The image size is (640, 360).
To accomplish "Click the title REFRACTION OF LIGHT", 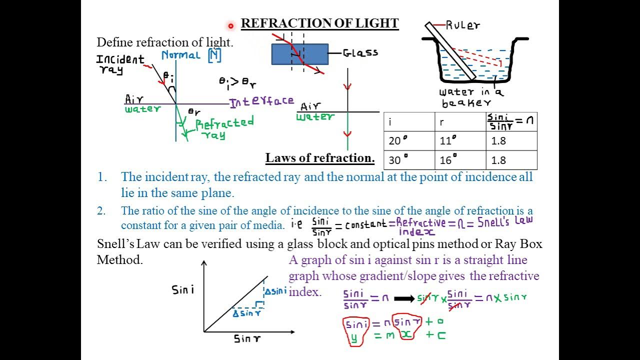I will [x=319, y=23].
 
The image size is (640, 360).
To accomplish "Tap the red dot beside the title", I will [x=230, y=25].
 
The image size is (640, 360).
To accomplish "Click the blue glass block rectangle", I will [x=300, y=54].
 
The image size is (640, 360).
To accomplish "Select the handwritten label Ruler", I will [x=462, y=25].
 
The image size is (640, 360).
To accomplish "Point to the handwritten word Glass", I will [x=360, y=52].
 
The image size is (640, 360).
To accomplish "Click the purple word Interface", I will [x=261, y=101].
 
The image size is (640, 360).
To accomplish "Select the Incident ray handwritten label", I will [x=120, y=64].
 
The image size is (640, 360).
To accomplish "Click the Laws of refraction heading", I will [x=320, y=158].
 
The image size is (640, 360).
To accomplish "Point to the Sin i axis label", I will [x=182, y=289].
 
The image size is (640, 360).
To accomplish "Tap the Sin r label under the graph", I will [x=247, y=339].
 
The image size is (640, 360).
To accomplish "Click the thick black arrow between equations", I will [x=404, y=298].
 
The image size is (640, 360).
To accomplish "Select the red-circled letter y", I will [x=354, y=337].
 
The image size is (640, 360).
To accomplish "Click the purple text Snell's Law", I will [x=505, y=221].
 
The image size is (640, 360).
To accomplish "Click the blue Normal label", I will [x=180, y=55].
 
